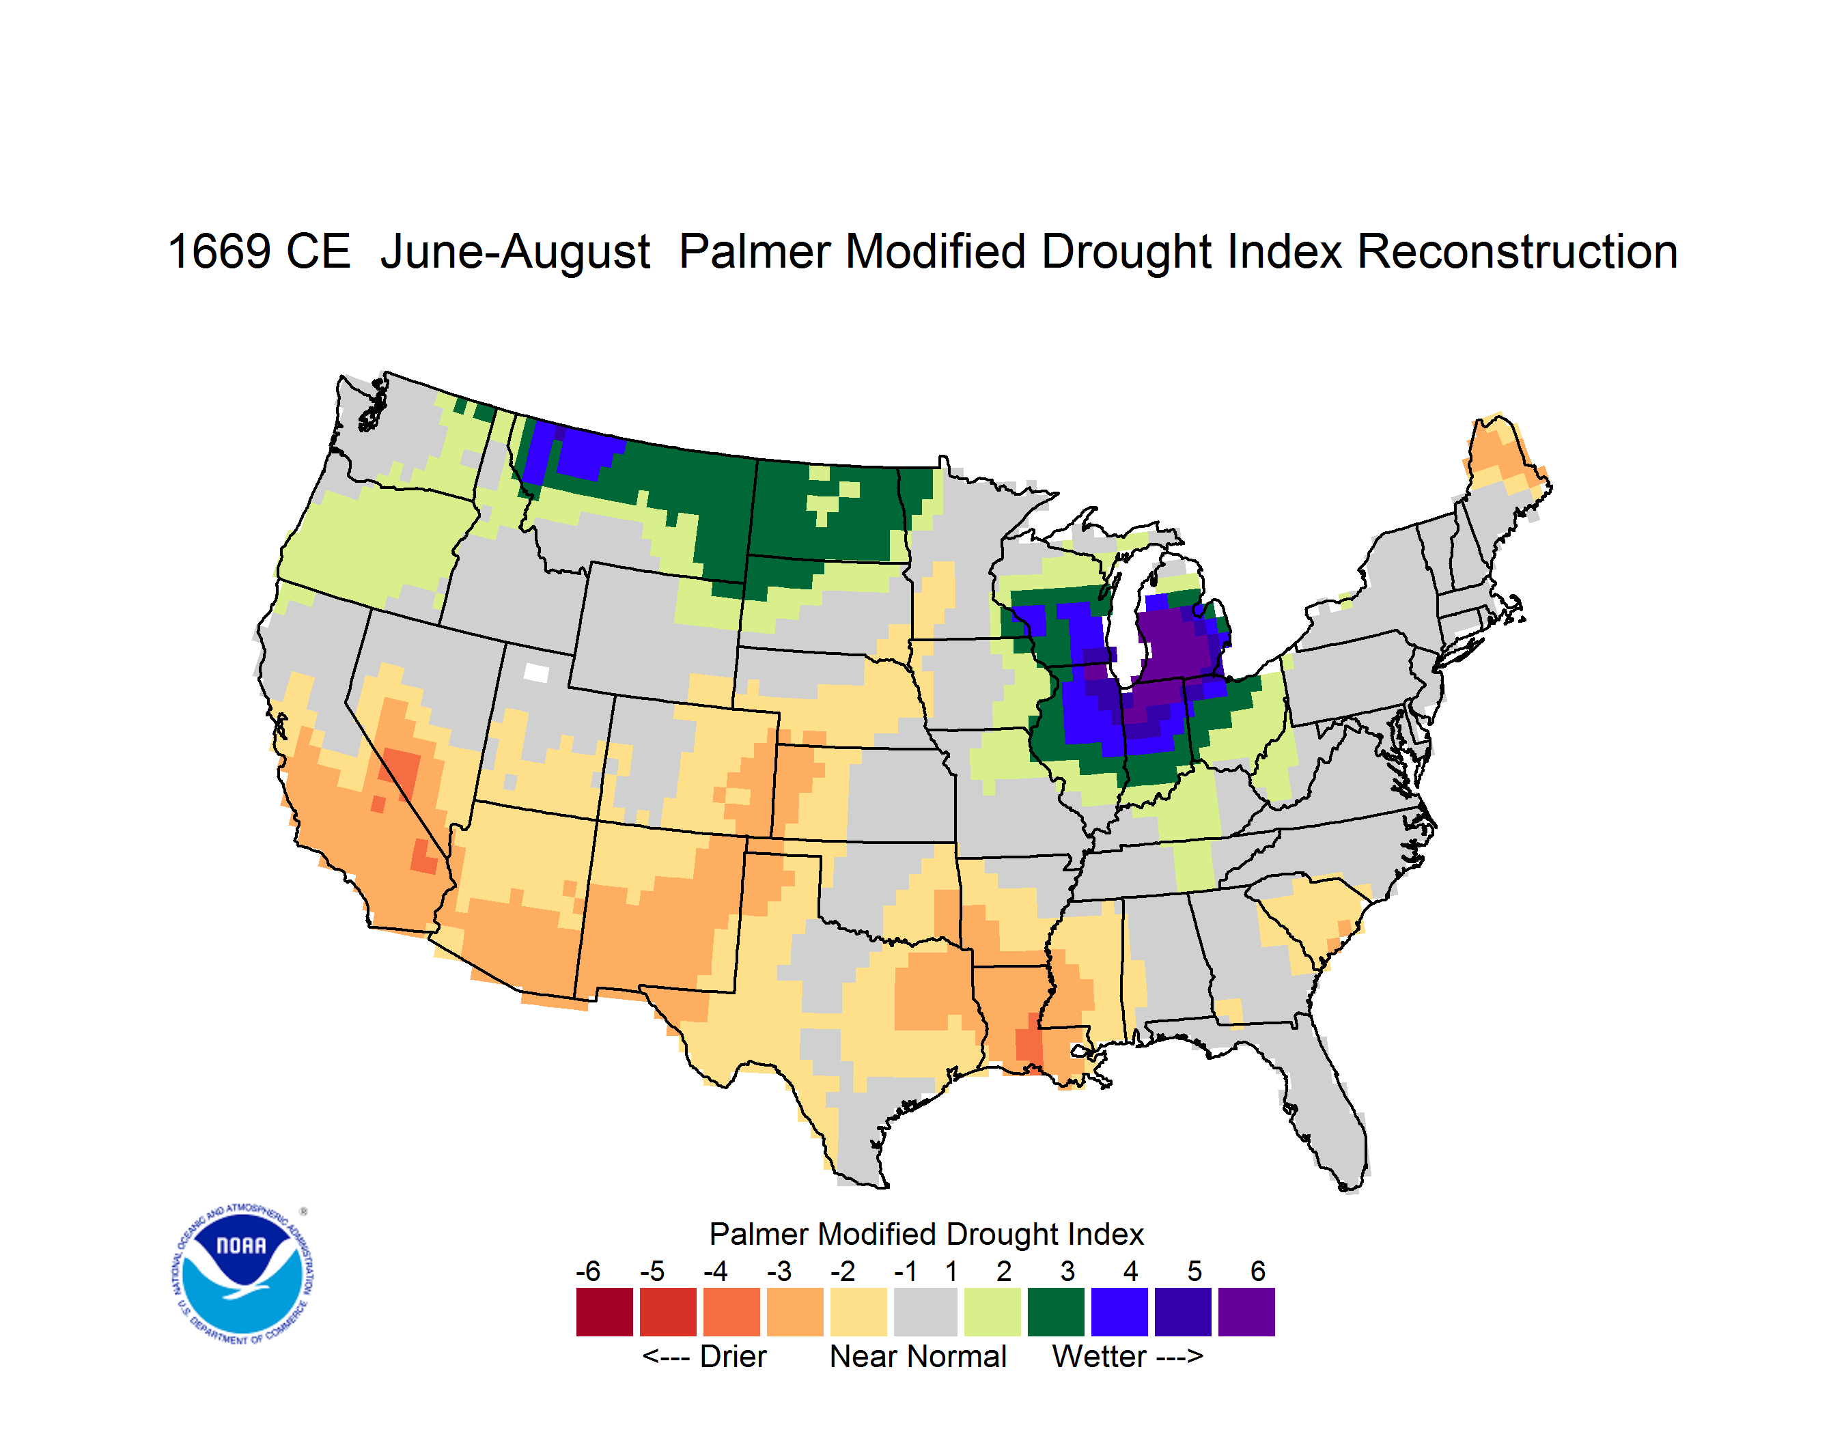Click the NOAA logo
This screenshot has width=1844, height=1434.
click(242, 1274)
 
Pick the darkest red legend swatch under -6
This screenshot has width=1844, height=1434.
click(604, 1312)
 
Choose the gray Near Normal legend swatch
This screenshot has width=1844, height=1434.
click(925, 1312)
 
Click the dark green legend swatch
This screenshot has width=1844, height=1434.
click(1055, 1312)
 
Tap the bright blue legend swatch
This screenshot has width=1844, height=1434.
click(1119, 1312)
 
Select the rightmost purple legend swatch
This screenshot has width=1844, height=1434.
click(1246, 1312)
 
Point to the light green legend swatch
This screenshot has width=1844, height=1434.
click(992, 1312)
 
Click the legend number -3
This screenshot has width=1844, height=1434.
click(779, 1271)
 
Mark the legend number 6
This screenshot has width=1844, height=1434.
click(1258, 1271)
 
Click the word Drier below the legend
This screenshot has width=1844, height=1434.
click(733, 1356)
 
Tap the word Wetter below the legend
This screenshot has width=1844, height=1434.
click(1100, 1356)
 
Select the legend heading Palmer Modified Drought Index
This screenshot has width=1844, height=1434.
click(926, 1234)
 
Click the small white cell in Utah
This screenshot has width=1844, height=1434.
click(536, 673)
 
